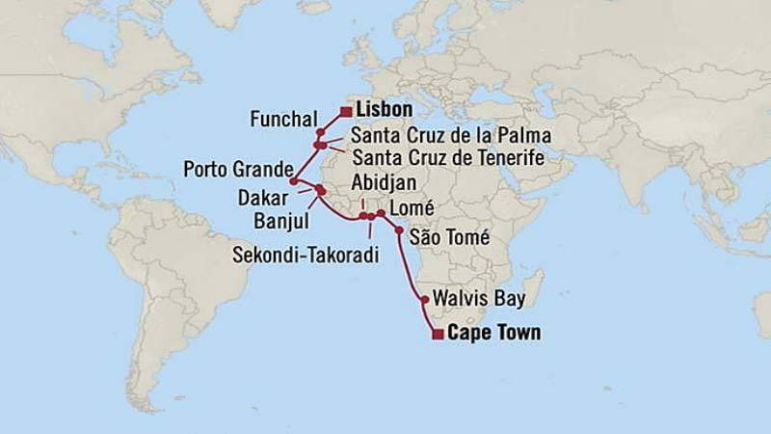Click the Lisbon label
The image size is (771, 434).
point(385,110)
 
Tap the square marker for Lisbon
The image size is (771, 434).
point(345,112)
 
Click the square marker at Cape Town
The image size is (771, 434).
point(438,335)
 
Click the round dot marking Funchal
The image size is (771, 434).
point(320,132)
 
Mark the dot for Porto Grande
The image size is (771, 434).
point(293,180)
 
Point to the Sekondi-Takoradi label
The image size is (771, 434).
point(304,254)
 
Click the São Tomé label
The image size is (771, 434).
point(449,237)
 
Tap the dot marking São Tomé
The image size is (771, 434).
point(399,231)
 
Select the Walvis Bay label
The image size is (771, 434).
point(479,299)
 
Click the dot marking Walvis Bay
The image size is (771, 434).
point(425,300)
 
